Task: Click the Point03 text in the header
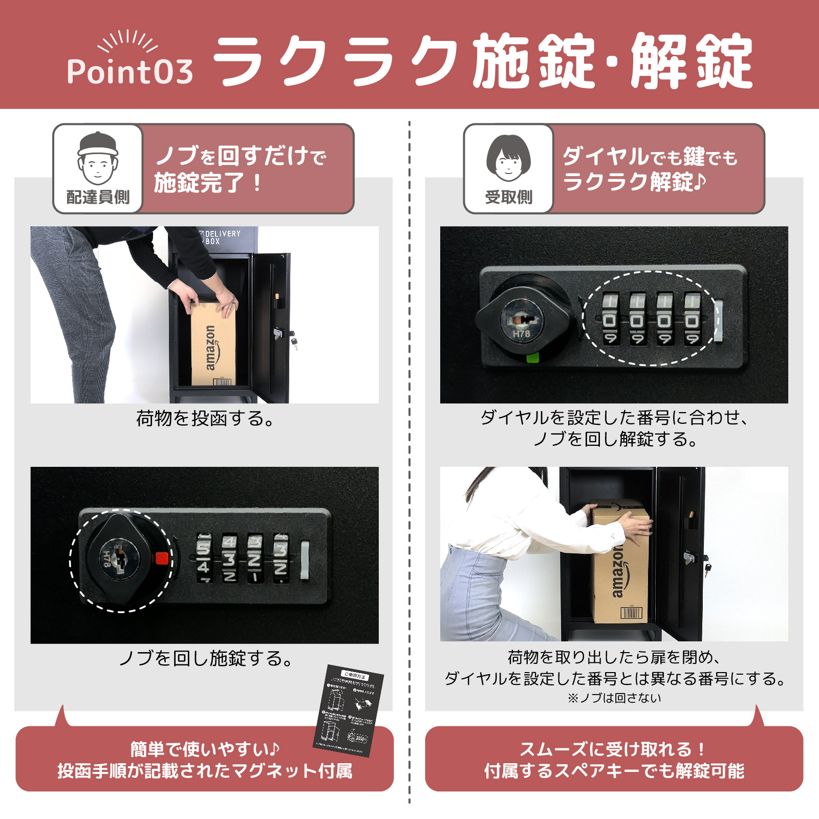click(130, 71)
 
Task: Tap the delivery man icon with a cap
click(98, 159)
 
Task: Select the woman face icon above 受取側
click(508, 159)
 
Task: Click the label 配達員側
click(98, 197)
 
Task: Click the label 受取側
click(508, 197)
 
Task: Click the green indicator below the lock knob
click(533, 357)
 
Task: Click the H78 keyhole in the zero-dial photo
click(521, 321)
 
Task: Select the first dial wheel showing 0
click(609, 319)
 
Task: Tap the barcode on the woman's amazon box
click(631, 613)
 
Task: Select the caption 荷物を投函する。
click(205, 419)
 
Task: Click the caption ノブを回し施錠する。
click(205, 658)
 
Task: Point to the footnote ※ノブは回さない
click(614, 698)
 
